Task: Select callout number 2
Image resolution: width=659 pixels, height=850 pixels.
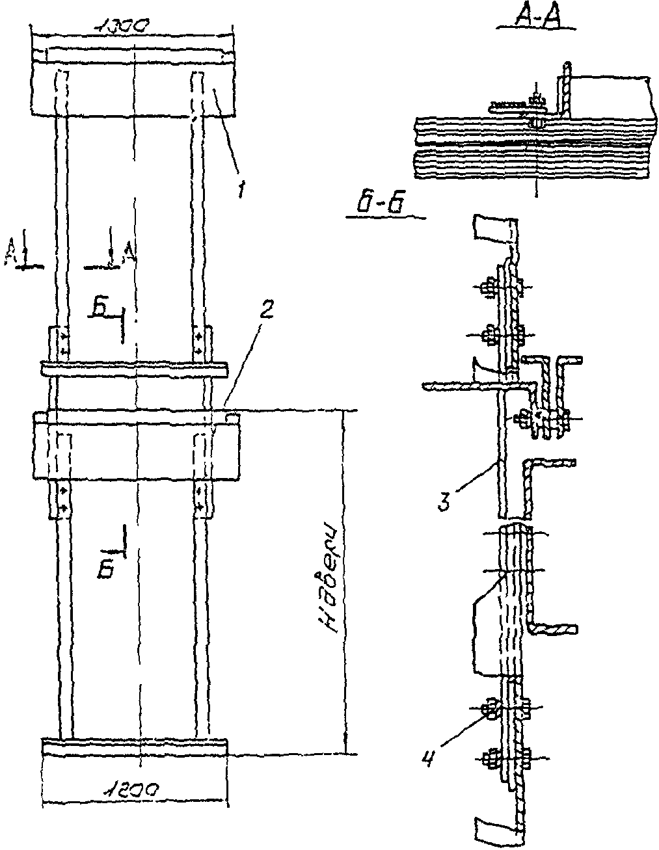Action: click(265, 311)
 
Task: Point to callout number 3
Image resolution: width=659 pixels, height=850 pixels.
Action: click(444, 503)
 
